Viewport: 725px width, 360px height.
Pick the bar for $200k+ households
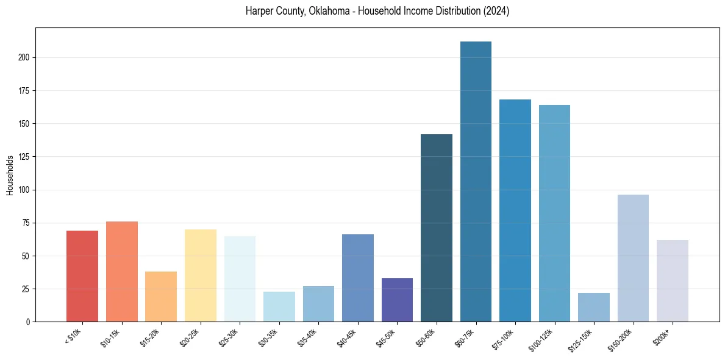[673, 281]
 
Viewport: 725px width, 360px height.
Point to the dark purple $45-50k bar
[397, 300]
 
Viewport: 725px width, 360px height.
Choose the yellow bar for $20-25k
[201, 275]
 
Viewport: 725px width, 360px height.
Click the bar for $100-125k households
[554, 213]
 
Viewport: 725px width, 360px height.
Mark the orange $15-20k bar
[161, 297]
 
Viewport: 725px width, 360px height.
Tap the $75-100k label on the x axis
[504, 337]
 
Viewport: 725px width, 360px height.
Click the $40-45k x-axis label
[347, 336]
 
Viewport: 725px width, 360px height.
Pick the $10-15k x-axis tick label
[111, 336]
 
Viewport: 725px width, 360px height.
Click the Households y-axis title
[10, 175]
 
